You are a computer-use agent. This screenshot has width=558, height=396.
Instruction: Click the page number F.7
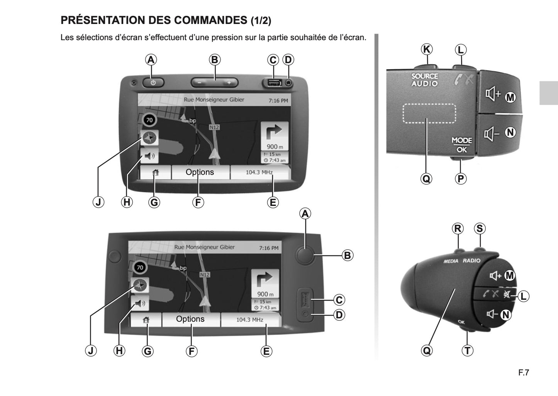(524, 373)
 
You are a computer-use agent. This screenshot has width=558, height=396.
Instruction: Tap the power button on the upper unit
(153, 82)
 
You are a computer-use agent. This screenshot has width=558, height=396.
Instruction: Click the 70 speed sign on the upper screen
(149, 120)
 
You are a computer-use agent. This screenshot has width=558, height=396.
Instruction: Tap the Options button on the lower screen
(190, 319)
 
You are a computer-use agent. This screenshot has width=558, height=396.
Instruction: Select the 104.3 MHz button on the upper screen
(259, 172)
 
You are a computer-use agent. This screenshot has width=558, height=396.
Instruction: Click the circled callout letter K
(426, 49)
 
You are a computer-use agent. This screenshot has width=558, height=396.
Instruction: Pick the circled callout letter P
(461, 178)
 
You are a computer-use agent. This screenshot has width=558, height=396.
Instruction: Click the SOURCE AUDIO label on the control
(425, 80)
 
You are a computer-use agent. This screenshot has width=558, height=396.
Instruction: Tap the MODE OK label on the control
(461, 145)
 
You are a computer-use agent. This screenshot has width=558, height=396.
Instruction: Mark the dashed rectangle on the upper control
(429, 113)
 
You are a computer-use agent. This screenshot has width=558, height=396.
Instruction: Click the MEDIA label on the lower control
(451, 261)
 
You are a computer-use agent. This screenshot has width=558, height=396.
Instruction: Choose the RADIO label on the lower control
(472, 261)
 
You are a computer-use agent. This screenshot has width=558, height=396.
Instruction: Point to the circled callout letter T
(467, 350)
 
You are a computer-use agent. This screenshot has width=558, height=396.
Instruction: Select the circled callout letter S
(479, 228)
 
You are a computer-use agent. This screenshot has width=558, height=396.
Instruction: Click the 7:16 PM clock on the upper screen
(278, 100)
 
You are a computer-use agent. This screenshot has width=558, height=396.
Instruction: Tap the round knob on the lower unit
(305, 255)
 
